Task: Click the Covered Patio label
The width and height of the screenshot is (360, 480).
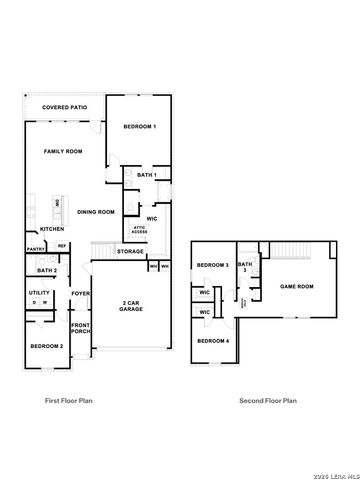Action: click(64, 106)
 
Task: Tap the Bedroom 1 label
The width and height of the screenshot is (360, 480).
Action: click(140, 128)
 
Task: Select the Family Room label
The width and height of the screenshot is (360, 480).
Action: click(62, 151)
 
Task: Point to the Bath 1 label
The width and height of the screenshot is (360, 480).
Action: click(147, 176)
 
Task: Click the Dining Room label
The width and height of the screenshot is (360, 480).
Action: click(97, 212)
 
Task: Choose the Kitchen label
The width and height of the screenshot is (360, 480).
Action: click(51, 229)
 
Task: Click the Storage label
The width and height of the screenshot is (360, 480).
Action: click(130, 251)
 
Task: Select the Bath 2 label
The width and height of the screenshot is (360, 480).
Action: click(46, 271)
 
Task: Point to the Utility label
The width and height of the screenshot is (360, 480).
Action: click(39, 293)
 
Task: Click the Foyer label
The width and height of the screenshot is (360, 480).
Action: click(80, 293)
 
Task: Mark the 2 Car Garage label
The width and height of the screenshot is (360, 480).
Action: click(131, 306)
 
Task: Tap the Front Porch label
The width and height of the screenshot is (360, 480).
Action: click(80, 328)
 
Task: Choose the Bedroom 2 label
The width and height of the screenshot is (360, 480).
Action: click(47, 346)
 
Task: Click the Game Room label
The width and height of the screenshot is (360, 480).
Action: click(296, 286)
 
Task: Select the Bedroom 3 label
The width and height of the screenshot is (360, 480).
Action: click(213, 265)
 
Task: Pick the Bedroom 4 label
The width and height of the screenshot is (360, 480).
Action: click(213, 342)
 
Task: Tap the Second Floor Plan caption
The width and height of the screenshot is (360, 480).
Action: click(267, 401)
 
